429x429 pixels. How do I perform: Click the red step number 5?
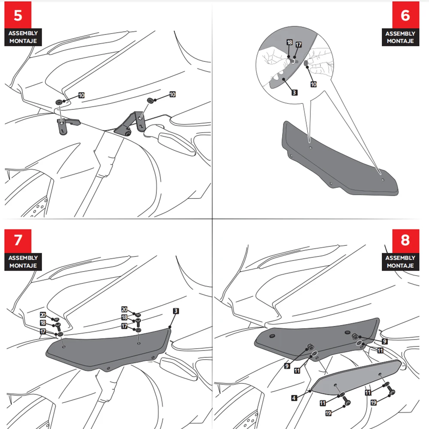18,15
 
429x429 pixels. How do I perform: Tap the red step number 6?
405,15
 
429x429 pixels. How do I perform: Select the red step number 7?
18,240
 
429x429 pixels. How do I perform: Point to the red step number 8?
405,240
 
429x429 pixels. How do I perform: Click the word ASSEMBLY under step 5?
23,33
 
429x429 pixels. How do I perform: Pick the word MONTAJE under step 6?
400,41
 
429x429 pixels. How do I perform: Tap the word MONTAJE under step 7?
23,266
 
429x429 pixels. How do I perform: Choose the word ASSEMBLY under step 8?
400,258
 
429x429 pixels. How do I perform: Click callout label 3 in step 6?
294,93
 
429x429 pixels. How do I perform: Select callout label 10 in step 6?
314,84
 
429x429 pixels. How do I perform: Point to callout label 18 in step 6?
290,42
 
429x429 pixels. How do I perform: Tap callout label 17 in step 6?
299,45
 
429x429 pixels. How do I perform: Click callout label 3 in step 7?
176,311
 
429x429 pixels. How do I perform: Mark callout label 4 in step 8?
294,398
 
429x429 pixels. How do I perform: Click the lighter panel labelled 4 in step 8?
356,378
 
